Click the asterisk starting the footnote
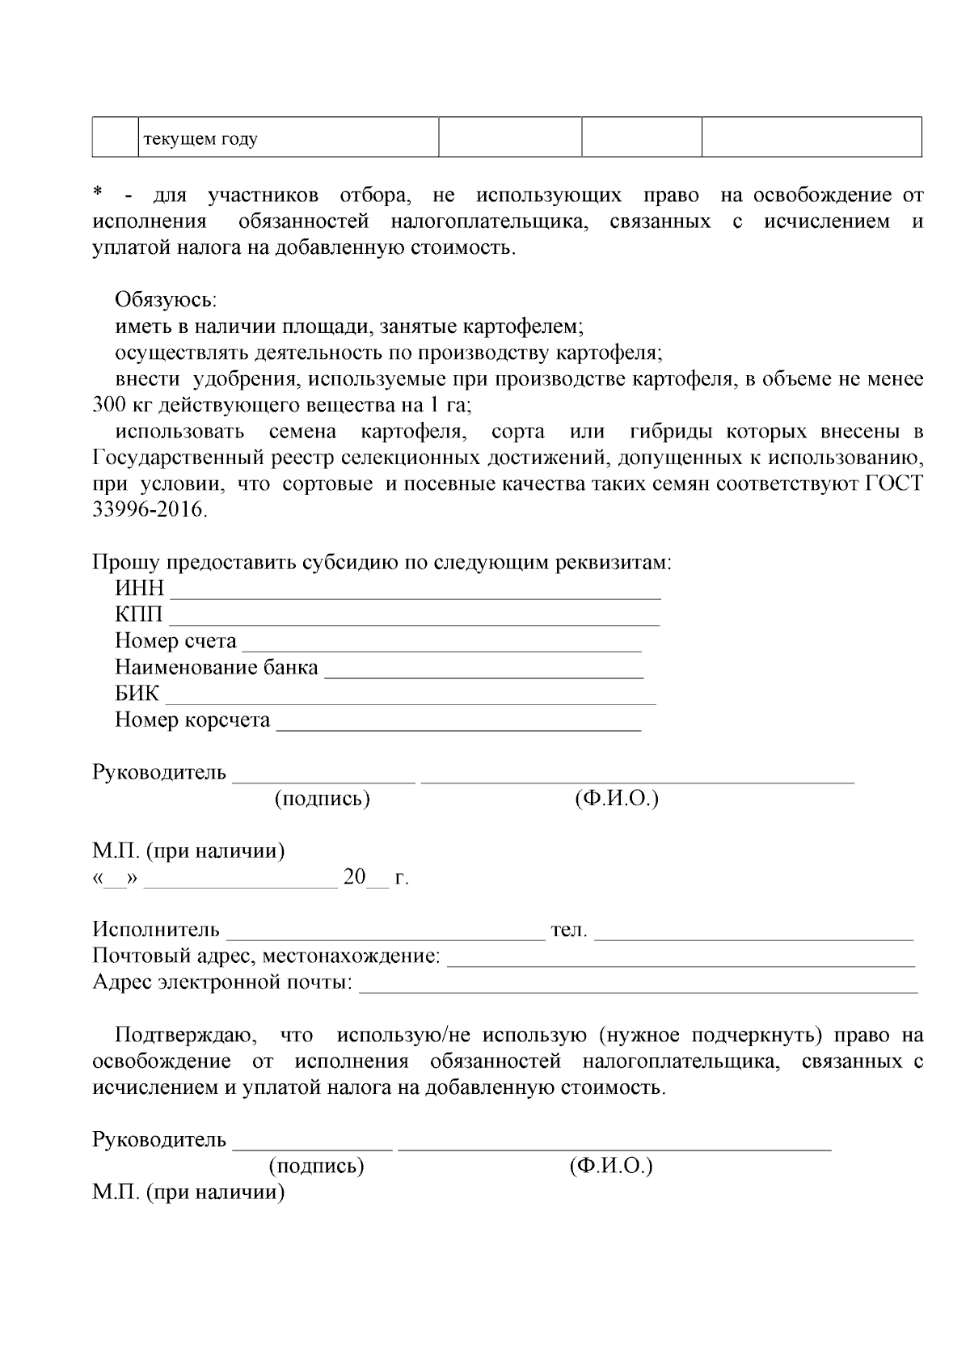98,193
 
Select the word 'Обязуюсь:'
166,300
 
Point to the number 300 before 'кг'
108,404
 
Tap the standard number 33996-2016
150,510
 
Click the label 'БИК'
137,694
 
